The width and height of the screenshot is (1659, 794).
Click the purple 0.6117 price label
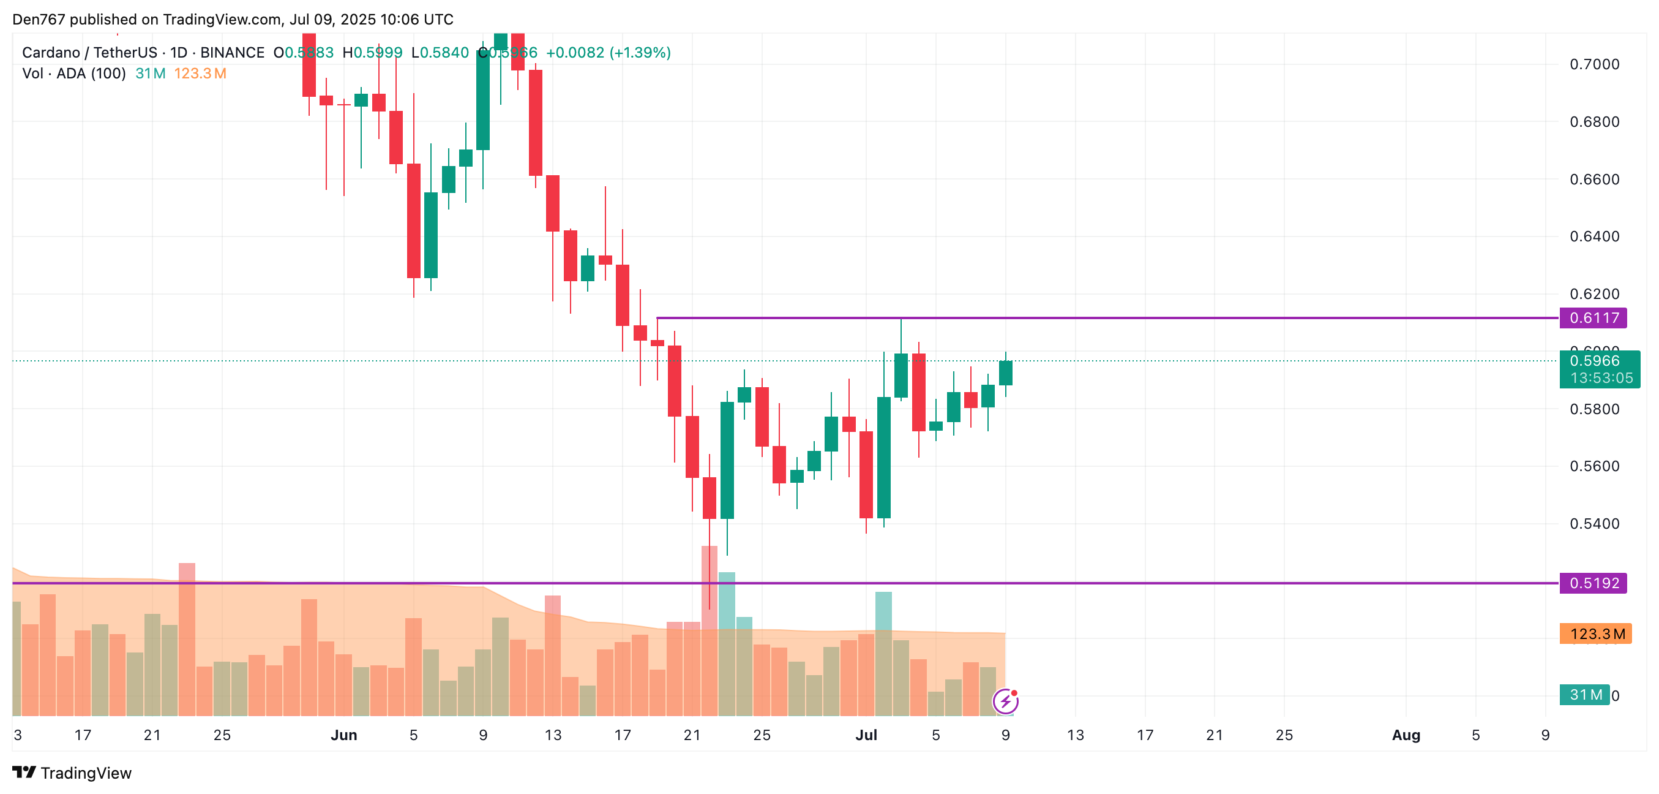click(1593, 318)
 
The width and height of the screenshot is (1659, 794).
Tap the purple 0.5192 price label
click(1593, 583)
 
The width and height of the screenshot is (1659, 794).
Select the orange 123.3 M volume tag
click(1595, 634)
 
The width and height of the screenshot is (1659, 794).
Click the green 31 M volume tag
click(1584, 695)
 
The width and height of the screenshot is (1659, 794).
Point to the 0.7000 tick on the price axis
click(1594, 64)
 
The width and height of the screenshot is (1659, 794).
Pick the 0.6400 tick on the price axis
click(1594, 236)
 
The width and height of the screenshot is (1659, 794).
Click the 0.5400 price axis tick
click(1594, 524)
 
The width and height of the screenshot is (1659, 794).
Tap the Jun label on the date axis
click(343, 735)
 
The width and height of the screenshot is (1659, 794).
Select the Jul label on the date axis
click(866, 735)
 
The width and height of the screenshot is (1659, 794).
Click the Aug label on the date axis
click(1406, 735)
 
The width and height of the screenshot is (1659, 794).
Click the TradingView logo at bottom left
click(72, 773)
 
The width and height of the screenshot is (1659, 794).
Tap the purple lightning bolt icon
click(1005, 701)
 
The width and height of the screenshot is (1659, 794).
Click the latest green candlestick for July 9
click(1005, 373)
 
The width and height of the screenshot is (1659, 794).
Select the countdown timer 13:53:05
click(1601, 378)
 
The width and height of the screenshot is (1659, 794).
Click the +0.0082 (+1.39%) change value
click(608, 53)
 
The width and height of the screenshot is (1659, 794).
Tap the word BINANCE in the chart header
click(232, 53)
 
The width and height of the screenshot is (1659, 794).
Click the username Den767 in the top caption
click(39, 20)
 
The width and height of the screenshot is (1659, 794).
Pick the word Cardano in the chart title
click(51, 53)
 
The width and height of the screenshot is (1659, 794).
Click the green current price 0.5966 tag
click(1594, 361)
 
